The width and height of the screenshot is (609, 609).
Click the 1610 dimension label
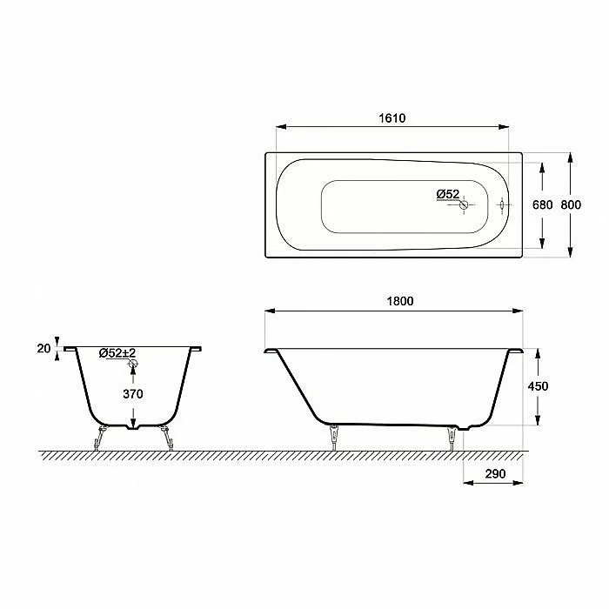tap(392, 117)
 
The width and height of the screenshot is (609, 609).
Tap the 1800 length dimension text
tap(400, 301)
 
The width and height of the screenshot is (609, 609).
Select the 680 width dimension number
tap(542, 204)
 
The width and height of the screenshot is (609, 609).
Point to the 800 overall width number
tap(571, 204)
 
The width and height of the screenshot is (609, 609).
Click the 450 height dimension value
tap(538, 386)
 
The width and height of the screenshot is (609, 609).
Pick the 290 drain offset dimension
tap(495, 473)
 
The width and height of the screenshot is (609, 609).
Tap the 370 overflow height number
tap(133, 394)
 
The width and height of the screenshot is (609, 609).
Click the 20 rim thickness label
tap(43, 348)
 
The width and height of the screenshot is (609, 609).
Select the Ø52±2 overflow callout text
tap(117, 353)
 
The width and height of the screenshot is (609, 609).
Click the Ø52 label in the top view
tap(448, 194)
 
